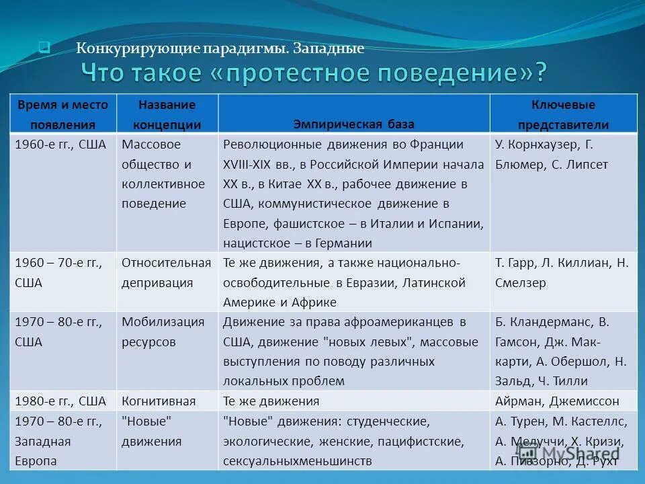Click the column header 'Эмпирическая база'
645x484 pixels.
[354, 124]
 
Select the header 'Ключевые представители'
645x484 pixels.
[563, 114]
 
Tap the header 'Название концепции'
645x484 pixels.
[167, 114]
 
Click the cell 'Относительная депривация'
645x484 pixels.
[166, 273]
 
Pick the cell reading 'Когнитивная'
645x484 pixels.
[159, 401]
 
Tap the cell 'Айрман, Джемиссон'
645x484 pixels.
[557, 401]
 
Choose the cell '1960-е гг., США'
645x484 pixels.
[60, 145]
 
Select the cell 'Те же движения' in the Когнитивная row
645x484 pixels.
[271, 401]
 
